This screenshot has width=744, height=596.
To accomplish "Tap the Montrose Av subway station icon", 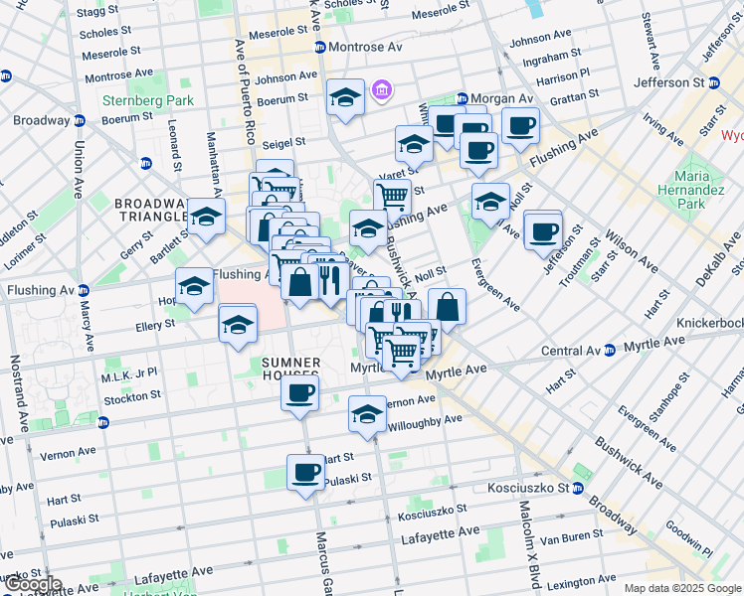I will click(x=320, y=48).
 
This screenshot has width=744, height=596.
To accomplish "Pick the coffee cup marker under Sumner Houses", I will click(x=298, y=391).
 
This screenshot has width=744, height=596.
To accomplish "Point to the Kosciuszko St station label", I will click(x=526, y=489).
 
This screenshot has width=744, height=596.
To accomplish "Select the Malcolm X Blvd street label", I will click(x=522, y=535).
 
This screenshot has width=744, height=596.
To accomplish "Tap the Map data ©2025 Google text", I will click(x=681, y=588).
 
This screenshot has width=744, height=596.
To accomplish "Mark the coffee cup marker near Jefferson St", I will click(x=543, y=229).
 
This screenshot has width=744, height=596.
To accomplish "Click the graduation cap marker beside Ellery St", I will click(x=238, y=325).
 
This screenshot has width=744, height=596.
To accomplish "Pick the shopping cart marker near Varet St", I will click(x=393, y=197).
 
